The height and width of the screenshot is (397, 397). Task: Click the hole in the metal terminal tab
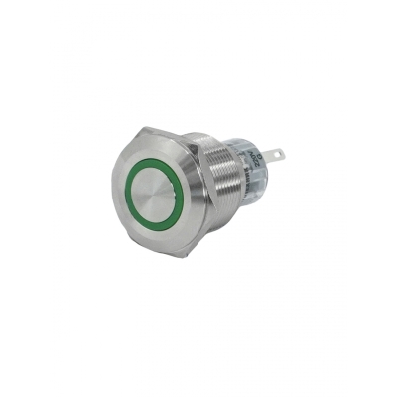tap(274, 154)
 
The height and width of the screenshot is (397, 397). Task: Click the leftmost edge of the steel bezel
tap(111, 189)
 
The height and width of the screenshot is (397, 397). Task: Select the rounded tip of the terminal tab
tap(282, 154)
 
